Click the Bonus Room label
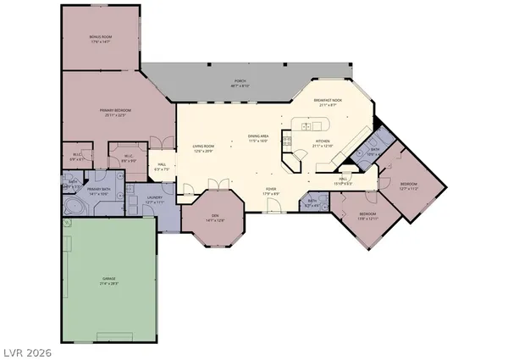click(x=102, y=37)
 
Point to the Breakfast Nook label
click(x=328, y=101)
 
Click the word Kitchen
click(x=323, y=141)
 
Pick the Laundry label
click(x=153, y=198)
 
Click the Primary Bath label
click(x=99, y=190)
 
